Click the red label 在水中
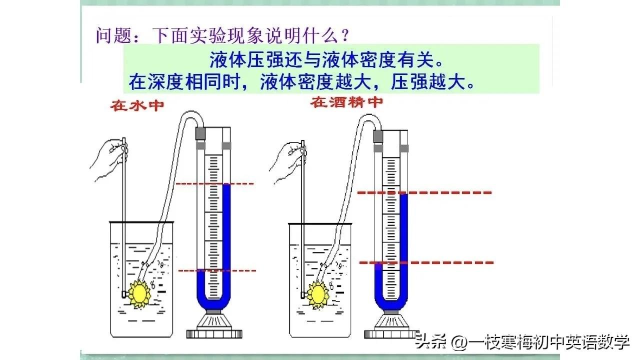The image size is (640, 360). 137,105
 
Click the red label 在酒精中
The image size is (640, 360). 346,102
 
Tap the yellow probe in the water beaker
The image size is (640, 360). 139,293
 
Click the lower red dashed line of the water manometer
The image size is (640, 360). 217,270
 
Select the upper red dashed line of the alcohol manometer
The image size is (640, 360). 425,192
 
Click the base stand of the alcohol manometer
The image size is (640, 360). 392,327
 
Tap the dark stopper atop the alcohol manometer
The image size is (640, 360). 378,134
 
